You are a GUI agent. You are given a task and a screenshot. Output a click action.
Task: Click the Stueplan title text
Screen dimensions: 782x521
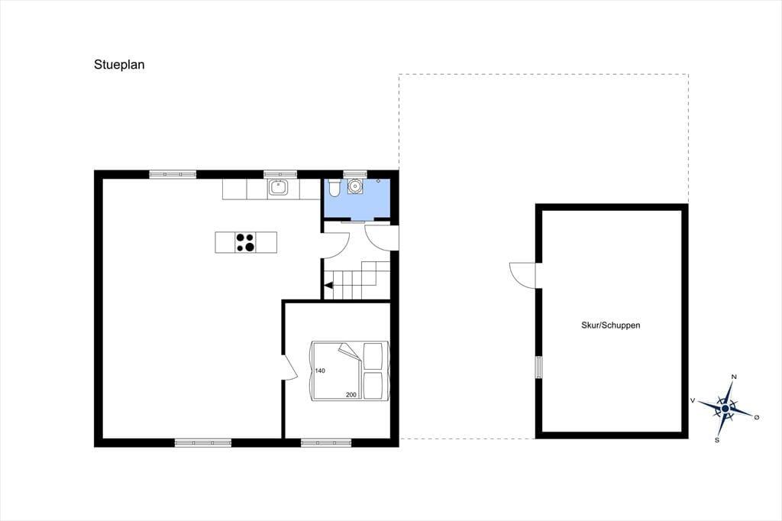coord(119,65)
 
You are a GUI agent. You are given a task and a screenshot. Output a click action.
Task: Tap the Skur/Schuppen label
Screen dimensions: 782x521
coord(610,325)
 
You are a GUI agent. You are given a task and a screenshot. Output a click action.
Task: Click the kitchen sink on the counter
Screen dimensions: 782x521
coord(278,188)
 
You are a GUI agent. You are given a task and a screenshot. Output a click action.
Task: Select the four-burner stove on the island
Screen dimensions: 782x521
coord(245,242)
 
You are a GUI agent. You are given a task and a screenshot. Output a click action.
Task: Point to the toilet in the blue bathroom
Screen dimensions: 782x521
coord(334,187)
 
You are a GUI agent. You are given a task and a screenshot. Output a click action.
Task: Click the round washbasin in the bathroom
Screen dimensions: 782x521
coord(355,186)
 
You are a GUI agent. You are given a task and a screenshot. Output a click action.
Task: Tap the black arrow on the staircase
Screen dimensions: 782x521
coord(328,286)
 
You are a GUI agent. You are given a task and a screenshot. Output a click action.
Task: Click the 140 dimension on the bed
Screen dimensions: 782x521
coord(320,371)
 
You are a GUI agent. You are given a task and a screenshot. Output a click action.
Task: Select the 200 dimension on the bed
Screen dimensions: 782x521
coord(351,395)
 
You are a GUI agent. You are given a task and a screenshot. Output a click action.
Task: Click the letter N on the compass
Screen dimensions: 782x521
coord(734,377)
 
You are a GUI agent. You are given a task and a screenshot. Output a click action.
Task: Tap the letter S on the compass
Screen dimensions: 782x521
coord(717,440)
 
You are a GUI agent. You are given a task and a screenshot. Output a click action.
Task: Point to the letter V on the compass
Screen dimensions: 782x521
coord(693,400)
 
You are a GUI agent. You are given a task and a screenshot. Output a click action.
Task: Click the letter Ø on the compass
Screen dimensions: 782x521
coord(757,417)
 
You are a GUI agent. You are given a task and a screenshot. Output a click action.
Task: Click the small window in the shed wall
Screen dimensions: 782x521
coord(538,367)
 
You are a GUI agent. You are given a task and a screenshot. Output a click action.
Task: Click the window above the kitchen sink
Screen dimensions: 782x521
coord(280,174)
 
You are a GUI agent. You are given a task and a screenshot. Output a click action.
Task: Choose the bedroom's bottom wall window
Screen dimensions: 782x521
coord(326,442)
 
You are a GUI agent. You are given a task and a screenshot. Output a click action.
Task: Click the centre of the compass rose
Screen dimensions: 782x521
coord(725,409)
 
